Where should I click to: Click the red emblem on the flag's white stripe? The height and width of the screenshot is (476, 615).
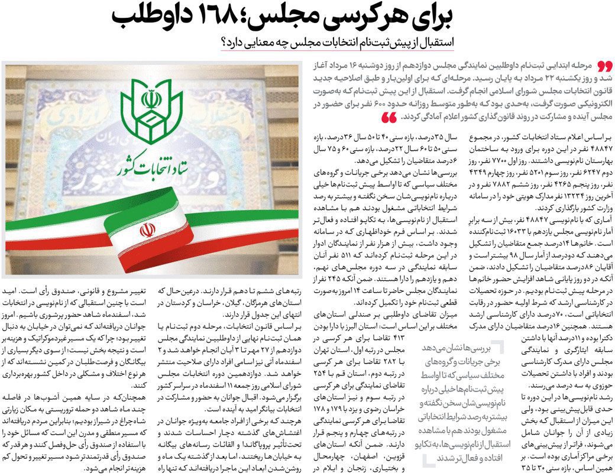[147, 230]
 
